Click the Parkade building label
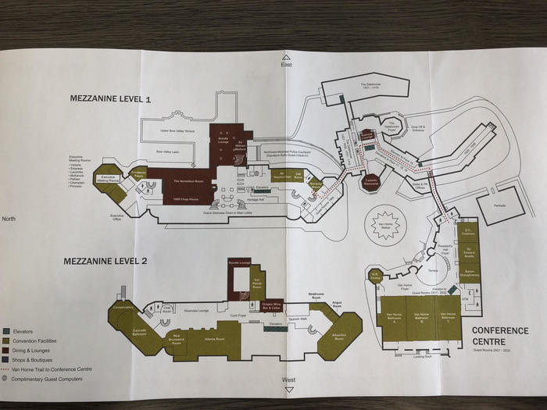pos(499,206)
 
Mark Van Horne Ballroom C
pos(447,319)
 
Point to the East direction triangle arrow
pos(287,58)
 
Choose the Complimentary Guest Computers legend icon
pos(7,379)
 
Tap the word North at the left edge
pos(9,219)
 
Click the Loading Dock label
pos(422,357)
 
